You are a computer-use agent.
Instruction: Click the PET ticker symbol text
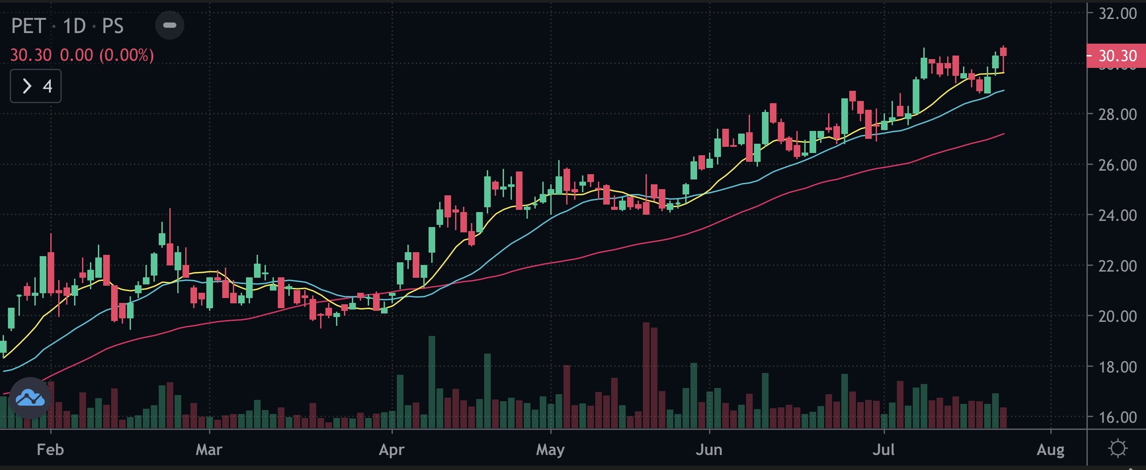point(28,26)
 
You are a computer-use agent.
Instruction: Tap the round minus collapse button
point(169,25)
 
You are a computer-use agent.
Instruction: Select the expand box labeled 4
point(36,86)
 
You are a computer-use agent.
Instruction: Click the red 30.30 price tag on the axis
point(1116,56)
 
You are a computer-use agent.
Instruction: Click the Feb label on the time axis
point(50,450)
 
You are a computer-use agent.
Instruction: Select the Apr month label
point(392,450)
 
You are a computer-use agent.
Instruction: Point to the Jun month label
point(709,450)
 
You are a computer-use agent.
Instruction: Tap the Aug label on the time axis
point(1051,450)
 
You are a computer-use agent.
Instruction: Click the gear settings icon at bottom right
point(1117,448)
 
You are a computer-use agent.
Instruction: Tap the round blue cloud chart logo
point(30,398)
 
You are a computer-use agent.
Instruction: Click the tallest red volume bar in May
point(646,375)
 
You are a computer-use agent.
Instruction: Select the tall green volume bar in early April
point(432,381)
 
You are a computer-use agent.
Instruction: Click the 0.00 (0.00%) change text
point(107,55)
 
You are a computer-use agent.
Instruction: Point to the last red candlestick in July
point(1003,52)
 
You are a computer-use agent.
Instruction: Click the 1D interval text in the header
point(74,26)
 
